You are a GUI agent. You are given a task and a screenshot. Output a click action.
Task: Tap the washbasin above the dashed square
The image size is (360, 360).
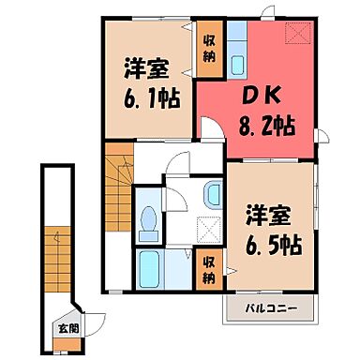(x=211, y=197)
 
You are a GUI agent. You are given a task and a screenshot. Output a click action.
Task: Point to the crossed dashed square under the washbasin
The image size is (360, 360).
(x=209, y=229)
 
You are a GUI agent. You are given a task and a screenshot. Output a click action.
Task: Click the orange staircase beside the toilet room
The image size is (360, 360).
(x=117, y=173)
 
